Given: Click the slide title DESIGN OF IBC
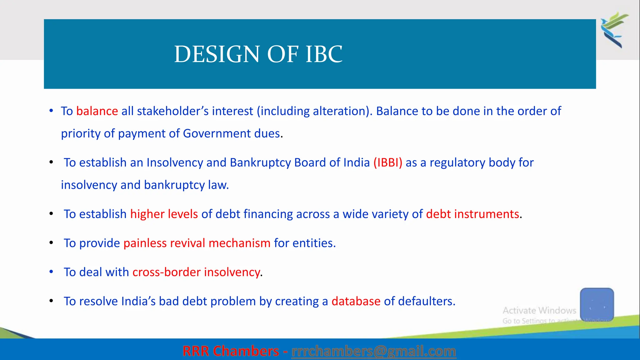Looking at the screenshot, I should pyautogui.click(x=258, y=54).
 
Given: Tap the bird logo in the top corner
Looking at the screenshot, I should pyautogui.click(x=614, y=30).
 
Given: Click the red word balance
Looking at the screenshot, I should pyautogui.click(x=97, y=111).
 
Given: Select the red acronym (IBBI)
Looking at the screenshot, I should pyautogui.click(x=388, y=163).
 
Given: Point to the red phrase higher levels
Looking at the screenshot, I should pyautogui.click(x=164, y=214).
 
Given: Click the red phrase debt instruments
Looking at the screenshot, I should pyautogui.click(x=472, y=214).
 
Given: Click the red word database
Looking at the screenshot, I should pyautogui.click(x=356, y=302).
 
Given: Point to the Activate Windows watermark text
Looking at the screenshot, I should pyautogui.click(x=539, y=311).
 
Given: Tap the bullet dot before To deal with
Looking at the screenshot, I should pyautogui.click(x=51, y=272).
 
